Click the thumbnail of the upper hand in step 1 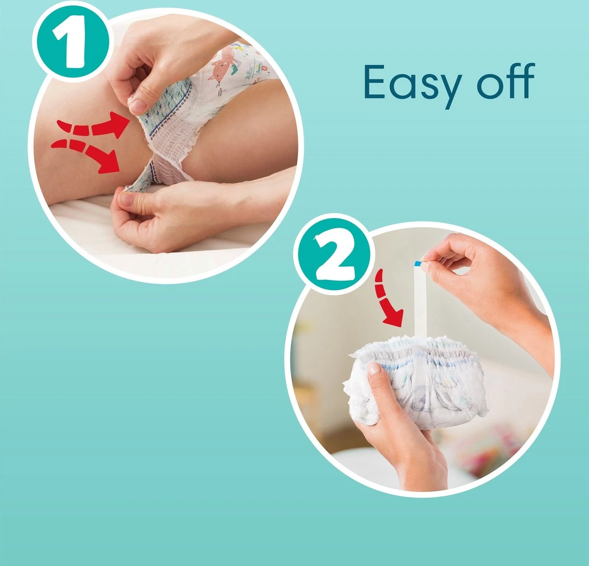[139, 105]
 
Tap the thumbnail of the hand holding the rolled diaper [374, 368]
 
